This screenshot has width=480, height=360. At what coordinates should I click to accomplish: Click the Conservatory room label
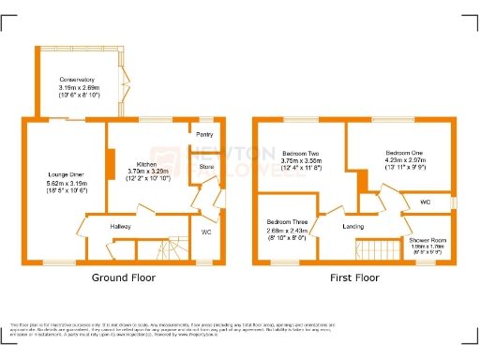pyautogui.click(x=78, y=80)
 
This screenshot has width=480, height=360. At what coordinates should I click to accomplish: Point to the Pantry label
pyautogui.click(x=204, y=134)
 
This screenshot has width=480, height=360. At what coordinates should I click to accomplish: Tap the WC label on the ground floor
pyautogui.click(x=207, y=231)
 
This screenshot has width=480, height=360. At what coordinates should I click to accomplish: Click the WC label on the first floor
pyautogui.click(x=425, y=202)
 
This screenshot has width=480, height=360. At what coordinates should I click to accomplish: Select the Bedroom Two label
pyautogui.click(x=301, y=152)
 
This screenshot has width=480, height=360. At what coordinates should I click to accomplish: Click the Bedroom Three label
pyautogui.click(x=286, y=222)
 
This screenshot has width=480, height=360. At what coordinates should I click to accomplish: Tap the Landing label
pyautogui.click(x=353, y=227)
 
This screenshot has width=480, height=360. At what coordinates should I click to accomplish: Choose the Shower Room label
pyautogui.click(x=426, y=240)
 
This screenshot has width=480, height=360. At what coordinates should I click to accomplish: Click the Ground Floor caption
pyautogui.click(x=124, y=278)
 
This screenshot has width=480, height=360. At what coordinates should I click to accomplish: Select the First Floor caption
pyautogui.click(x=353, y=278)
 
